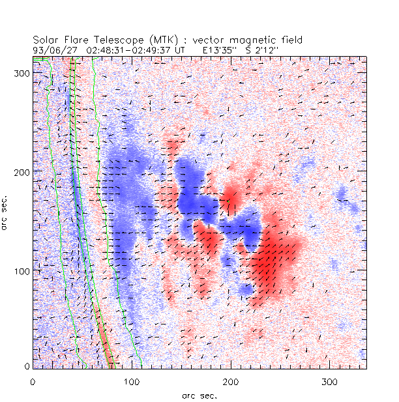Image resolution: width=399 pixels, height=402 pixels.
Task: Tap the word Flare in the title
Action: [x=74, y=40]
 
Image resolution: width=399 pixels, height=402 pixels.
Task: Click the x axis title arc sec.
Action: [x=199, y=395]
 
